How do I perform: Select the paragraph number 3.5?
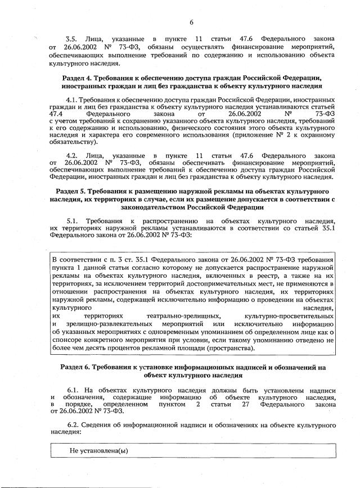pos(73,39)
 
